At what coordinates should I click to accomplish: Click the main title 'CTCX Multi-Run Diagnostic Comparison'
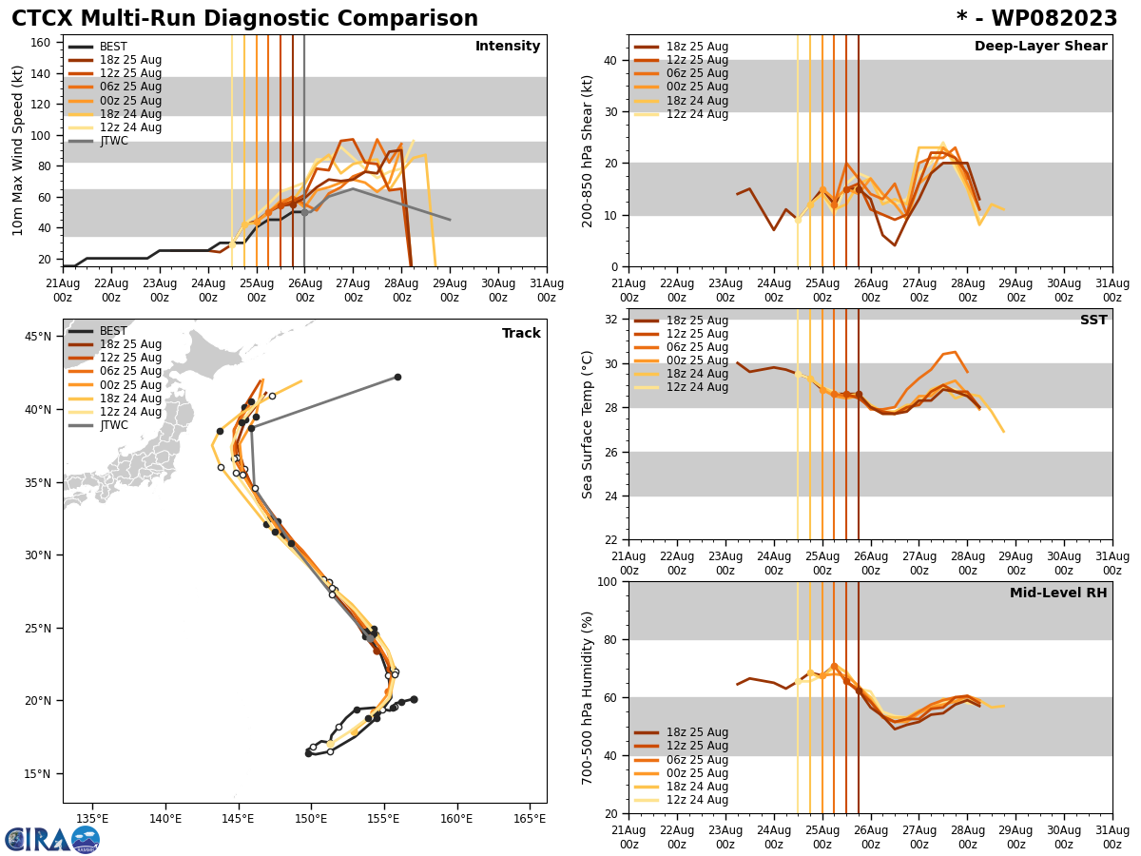(x=245, y=19)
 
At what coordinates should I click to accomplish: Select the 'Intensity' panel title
(x=508, y=47)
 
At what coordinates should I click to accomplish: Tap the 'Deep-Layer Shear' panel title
(x=1040, y=47)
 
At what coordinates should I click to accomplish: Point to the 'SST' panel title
(x=1093, y=321)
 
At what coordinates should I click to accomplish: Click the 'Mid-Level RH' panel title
(x=1058, y=593)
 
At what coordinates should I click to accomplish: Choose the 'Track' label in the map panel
(x=521, y=334)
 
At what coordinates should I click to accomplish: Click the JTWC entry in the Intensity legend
(x=113, y=141)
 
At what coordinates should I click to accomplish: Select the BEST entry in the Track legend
(x=113, y=331)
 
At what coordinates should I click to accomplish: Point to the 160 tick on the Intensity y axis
(x=42, y=43)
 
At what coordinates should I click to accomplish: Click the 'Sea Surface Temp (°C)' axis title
(x=588, y=424)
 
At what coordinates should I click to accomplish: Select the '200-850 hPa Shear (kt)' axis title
(x=588, y=150)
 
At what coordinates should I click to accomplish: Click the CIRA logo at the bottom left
(x=52, y=839)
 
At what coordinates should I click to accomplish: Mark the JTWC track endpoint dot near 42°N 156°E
(x=397, y=377)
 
